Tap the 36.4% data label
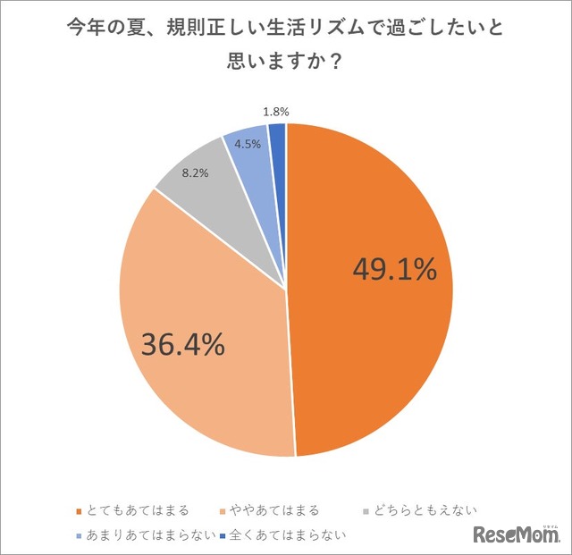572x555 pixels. [181, 343]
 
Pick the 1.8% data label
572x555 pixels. [275, 113]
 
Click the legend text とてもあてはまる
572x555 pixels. [137, 510]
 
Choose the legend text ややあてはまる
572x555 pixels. [280, 510]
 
